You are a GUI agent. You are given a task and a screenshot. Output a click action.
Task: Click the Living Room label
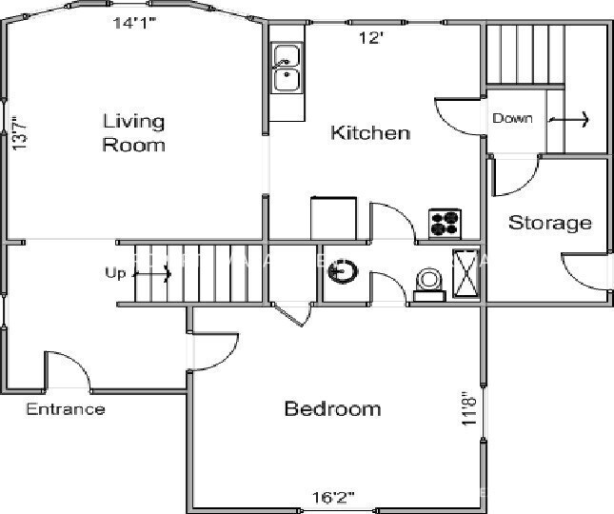tap(133, 133)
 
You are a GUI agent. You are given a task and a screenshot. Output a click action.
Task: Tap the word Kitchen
tap(370, 133)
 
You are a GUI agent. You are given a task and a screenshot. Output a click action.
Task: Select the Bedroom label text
tap(333, 409)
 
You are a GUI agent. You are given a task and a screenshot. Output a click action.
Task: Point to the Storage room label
tap(549, 224)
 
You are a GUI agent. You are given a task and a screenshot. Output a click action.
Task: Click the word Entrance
tap(65, 410)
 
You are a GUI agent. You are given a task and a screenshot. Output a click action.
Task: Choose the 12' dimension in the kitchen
tap(370, 38)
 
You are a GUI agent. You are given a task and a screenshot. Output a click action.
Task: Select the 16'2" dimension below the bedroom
tap(333, 497)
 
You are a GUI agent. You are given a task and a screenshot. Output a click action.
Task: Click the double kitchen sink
tap(286, 70)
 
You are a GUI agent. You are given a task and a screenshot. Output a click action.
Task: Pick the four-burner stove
tap(445, 223)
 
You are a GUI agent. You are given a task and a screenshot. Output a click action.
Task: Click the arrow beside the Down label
tap(569, 120)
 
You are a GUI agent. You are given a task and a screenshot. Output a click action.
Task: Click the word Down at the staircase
tap(512, 120)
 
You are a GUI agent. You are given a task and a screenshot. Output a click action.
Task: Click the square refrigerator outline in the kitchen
tap(334, 218)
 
